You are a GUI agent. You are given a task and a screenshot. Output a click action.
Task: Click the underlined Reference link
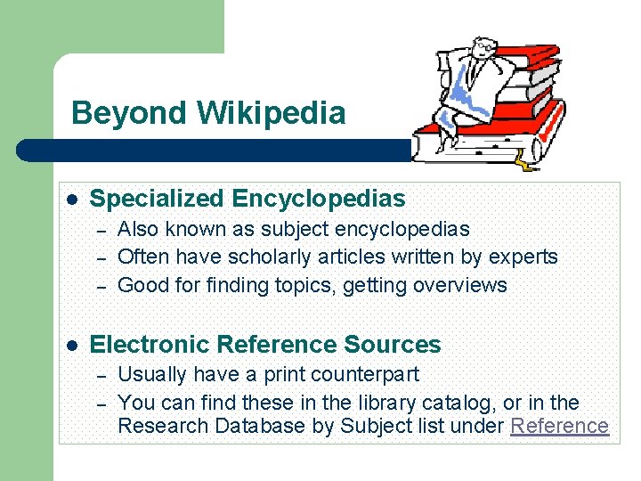[559, 426]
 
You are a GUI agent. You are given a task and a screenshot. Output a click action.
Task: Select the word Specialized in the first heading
[158, 199]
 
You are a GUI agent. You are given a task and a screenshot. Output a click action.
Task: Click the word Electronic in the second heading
[150, 345]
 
